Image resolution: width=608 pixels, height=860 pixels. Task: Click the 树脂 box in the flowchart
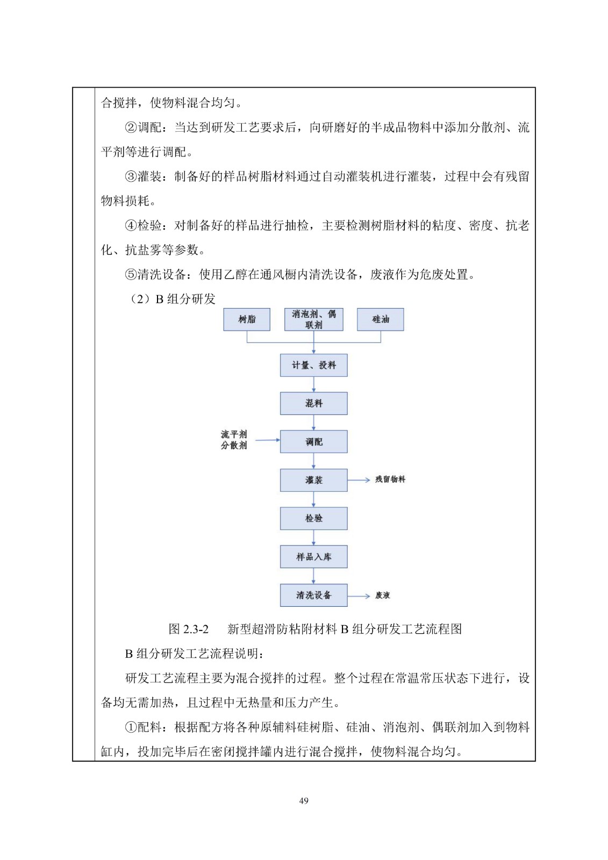click(x=247, y=319)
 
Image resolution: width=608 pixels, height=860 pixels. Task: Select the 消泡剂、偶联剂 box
click(x=313, y=319)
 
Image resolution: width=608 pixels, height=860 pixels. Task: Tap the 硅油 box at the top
click(x=380, y=319)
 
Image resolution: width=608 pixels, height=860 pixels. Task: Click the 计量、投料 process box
click(x=313, y=365)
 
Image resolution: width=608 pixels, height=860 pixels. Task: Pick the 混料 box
click(x=313, y=404)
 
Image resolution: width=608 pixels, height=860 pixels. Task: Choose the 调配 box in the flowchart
click(x=313, y=442)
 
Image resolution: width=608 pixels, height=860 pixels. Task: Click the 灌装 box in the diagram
click(x=313, y=480)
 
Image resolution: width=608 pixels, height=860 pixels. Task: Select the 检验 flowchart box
click(x=313, y=519)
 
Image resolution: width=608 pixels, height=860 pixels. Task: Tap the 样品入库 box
click(x=313, y=557)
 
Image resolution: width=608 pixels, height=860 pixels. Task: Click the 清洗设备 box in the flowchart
click(x=313, y=596)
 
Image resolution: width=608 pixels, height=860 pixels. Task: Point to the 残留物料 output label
click(x=390, y=479)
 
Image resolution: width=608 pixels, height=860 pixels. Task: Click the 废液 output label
click(x=383, y=596)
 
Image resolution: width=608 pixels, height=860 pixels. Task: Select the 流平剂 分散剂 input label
click(x=234, y=440)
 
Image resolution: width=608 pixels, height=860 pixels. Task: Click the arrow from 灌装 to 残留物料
click(x=359, y=479)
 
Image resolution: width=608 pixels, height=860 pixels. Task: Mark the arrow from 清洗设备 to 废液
click(x=359, y=596)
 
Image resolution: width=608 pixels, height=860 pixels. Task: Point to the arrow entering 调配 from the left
click(x=267, y=440)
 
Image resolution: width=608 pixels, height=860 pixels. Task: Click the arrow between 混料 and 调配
click(x=313, y=422)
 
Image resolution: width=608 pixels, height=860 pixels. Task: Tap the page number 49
click(x=304, y=801)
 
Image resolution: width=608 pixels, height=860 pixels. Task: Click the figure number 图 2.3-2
click(x=188, y=629)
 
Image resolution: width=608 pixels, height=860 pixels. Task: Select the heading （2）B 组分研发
click(x=171, y=299)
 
